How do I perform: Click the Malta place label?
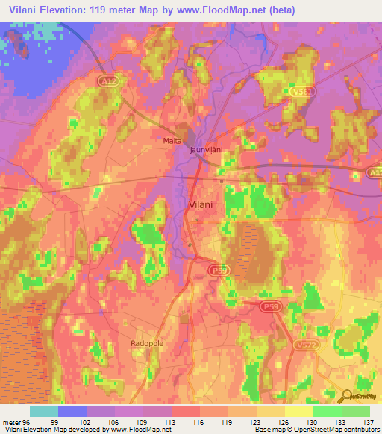click(172, 139)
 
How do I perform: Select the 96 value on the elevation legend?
click(27, 422)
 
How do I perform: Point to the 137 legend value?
click(369, 422)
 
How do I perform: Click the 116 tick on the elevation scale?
click(197, 422)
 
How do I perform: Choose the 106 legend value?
click(112, 422)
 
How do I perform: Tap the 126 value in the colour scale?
click(283, 422)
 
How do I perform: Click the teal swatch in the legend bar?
click(44, 411)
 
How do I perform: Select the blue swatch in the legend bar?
click(72, 411)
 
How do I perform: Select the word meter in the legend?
click(10, 422)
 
